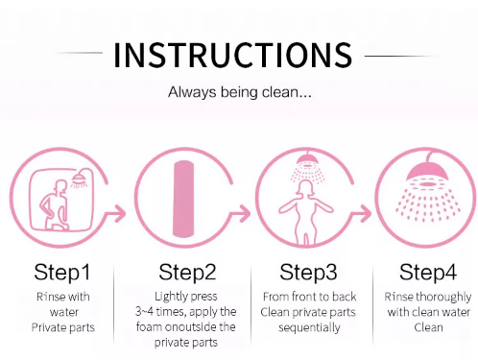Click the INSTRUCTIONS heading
(x=233, y=55)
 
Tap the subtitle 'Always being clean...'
(x=240, y=92)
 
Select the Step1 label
(x=62, y=273)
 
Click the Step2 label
(x=187, y=273)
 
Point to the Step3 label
(x=308, y=273)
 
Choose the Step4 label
(x=428, y=273)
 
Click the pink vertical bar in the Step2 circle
(x=183, y=199)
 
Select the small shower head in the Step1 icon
(x=79, y=179)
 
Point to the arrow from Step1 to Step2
(x=117, y=213)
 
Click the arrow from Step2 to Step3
(x=242, y=213)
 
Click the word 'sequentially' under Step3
(x=309, y=327)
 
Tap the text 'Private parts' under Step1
(x=63, y=327)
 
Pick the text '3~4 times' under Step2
(x=155, y=311)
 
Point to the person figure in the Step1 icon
(x=55, y=205)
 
